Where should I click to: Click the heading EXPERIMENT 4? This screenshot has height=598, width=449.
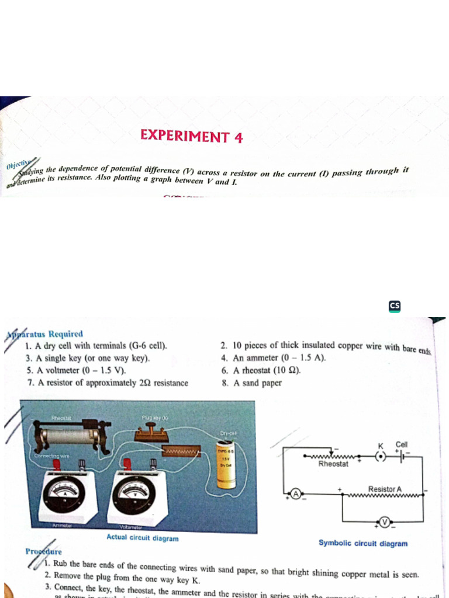(x=192, y=137)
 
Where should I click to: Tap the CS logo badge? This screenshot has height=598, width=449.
(x=395, y=306)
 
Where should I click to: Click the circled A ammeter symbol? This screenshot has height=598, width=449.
(x=296, y=495)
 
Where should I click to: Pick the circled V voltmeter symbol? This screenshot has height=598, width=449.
(x=385, y=521)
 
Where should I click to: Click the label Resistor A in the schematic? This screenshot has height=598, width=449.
(x=385, y=489)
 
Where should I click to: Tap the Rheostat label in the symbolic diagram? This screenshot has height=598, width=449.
(x=333, y=464)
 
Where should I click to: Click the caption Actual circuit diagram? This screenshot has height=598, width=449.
(x=143, y=538)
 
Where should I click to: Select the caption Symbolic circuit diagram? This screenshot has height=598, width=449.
(x=363, y=543)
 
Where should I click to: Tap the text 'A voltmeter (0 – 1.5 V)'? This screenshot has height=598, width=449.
(x=82, y=370)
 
